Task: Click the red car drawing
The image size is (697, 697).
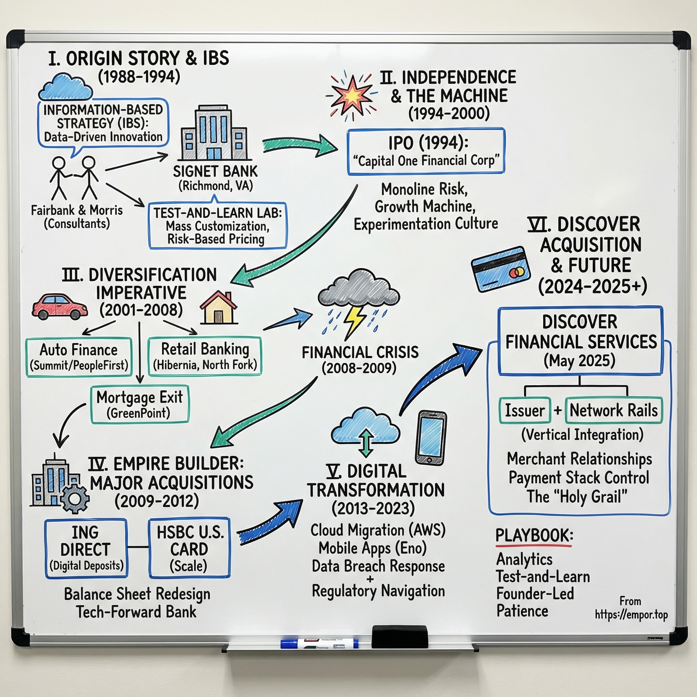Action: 60,307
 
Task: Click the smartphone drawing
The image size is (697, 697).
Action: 431,438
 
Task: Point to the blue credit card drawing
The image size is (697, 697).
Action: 500,269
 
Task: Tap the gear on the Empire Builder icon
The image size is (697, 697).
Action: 75,499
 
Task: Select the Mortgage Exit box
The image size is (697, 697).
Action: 140,404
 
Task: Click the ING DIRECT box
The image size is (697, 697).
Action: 86,548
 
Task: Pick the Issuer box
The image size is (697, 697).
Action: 524,410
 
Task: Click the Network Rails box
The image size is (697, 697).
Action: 613,410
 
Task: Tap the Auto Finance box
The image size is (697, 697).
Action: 79,357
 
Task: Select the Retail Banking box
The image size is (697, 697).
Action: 205,356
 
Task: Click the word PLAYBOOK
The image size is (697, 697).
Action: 534,535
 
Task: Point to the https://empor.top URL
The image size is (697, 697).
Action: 631,614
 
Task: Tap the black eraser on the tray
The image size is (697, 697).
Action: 400,637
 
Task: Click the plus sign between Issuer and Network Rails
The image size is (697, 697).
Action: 558,410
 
